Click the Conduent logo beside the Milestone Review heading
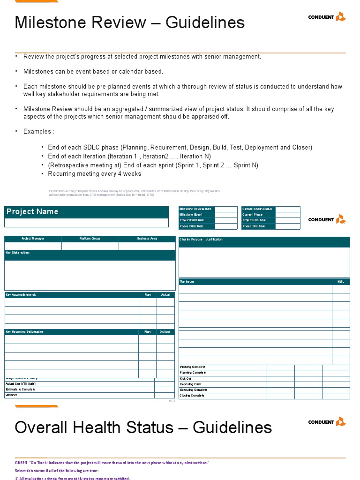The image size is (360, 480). (327, 17)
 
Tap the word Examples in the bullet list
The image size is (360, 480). (37, 131)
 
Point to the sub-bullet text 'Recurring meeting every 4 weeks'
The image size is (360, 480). (94, 174)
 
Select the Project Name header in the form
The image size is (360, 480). (32, 212)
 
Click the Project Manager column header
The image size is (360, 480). (33, 239)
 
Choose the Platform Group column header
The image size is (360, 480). (90, 239)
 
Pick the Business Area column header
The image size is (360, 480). (147, 239)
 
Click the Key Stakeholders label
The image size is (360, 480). (18, 253)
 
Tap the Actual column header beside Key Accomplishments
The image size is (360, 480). (165, 295)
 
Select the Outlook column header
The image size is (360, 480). (165, 332)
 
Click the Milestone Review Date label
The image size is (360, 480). (195, 209)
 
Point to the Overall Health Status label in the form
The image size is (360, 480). (257, 209)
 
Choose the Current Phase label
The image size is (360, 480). (253, 215)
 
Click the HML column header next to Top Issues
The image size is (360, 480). (341, 282)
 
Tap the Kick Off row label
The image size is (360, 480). (186, 378)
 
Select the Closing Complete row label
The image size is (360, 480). (192, 396)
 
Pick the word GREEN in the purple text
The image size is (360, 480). (21, 463)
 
